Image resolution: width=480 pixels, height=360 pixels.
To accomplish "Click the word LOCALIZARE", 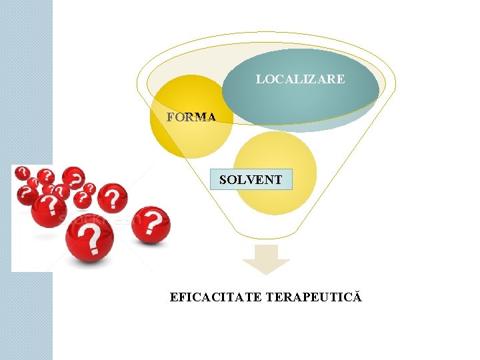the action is point(300,79).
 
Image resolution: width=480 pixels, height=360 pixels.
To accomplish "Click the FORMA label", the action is point(191,117).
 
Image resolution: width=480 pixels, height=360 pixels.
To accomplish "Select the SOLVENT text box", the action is point(251,179).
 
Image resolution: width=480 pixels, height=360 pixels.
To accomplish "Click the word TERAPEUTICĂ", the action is point(313,297).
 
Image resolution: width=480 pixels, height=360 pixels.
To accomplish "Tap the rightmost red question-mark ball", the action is point(151,225).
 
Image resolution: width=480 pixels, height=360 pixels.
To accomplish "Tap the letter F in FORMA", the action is point(171,117).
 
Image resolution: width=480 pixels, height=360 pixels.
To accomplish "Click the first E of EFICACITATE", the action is point(174,297).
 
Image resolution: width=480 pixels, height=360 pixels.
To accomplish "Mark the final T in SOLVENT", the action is point(278,179).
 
